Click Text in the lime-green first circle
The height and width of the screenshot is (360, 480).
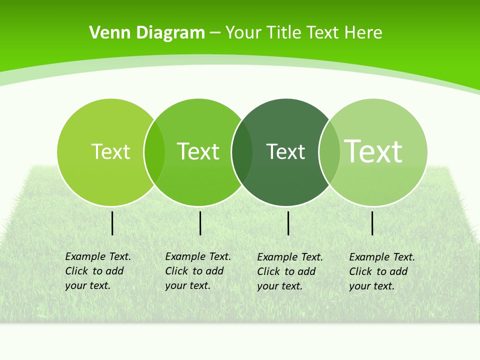pyautogui.click(x=110, y=151)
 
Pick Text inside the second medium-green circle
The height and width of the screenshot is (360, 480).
pyautogui.click(x=198, y=151)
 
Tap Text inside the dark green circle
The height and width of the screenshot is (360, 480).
pyautogui.click(x=285, y=151)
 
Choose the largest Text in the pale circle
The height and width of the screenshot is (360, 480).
pyautogui.click(x=373, y=151)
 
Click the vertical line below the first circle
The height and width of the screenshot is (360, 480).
pyautogui.click(x=112, y=223)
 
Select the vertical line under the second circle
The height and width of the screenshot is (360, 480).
pyautogui.click(x=200, y=223)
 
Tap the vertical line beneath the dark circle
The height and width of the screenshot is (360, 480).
pyautogui.click(x=288, y=223)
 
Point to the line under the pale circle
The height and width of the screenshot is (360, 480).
pyautogui.click(x=372, y=223)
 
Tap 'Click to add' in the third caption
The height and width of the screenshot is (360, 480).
pyautogui.click(x=286, y=271)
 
